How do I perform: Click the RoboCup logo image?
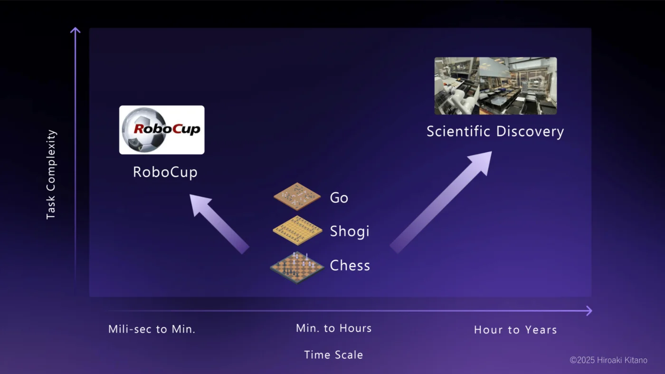(x=161, y=130)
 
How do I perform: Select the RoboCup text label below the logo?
(x=165, y=172)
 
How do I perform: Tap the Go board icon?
(x=297, y=196)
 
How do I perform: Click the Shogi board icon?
(x=297, y=230)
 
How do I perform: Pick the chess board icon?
(x=297, y=268)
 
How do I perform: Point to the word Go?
(x=339, y=198)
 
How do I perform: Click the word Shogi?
(x=349, y=231)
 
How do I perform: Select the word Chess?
(x=350, y=266)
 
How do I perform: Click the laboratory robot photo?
(x=495, y=86)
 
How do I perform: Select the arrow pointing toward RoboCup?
(x=218, y=223)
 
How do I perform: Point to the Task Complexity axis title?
(x=51, y=174)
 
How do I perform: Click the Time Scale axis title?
(x=333, y=355)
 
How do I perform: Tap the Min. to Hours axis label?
(x=333, y=328)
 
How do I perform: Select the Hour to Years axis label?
(x=515, y=330)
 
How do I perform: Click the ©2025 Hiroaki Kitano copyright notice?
(x=608, y=360)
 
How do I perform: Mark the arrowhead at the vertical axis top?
(x=75, y=30)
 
